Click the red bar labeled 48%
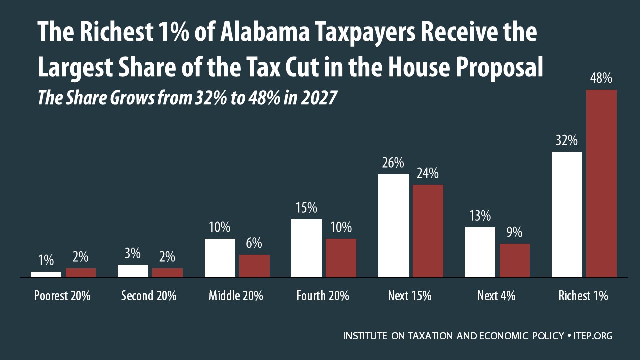[x=601, y=183]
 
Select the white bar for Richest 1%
[x=567, y=214]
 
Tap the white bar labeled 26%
[x=393, y=225]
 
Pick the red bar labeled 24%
[x=428, y=231]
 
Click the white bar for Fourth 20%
[x=306, y=248]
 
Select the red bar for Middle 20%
[x=254, y=266]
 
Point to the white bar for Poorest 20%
[x=46, y=274]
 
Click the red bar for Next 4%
[x=515, y=260]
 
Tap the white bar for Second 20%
[x=133, y=271]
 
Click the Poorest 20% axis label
[x=62, y=296]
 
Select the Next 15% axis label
[x=409, y=296]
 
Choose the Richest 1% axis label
[x=583, y=296]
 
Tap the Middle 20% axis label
[x=236, y=296]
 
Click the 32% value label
[x=566, y=140]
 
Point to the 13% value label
[x=480, y=216]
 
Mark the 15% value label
[x=306, y=208]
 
